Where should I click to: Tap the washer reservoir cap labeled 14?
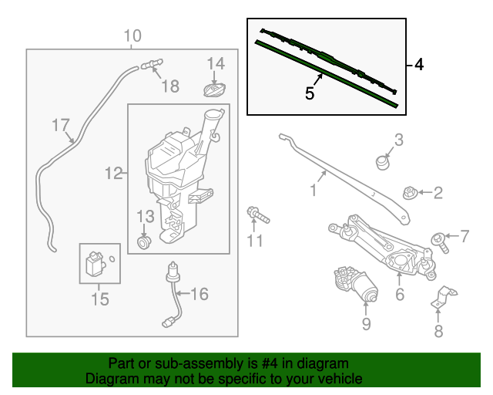pyautogui.click(x=215, y=89)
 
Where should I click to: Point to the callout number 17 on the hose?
pyautogui.click(x=61, y=125)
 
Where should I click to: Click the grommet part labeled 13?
pyautogui.click(x=143, y=243)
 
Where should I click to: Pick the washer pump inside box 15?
pyautogui.click(x=96, y=264)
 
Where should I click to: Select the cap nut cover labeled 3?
pyautogui.click(x=382, y=162)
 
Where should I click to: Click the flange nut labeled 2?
pyautogui.click(x=410, y=193)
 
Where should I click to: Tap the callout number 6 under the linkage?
pyautogui.click(x=399, y=295)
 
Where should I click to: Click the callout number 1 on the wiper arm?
pyautogui.click(x=314, y=188)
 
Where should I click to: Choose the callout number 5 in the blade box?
pyautogui.click(x=309, y=93)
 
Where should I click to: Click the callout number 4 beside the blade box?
pyautogui.click(x=418, y=66)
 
